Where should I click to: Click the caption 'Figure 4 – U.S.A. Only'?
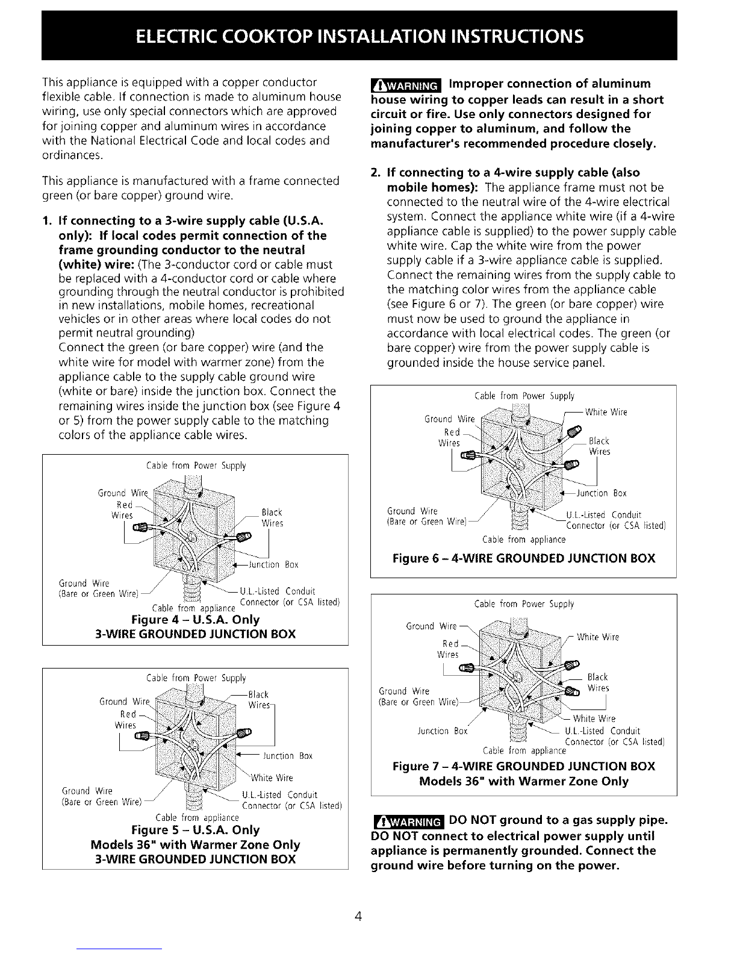195,620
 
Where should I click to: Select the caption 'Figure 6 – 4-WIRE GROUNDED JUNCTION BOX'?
523,558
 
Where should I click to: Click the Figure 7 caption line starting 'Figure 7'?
523,766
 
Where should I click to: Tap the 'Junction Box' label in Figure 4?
274,565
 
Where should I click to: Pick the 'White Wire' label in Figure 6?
606,412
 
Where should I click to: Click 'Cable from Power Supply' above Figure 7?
524,603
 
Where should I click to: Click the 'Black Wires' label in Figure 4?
272,518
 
